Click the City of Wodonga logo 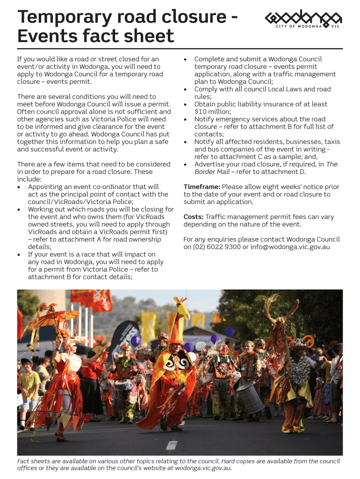303,19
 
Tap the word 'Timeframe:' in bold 202,187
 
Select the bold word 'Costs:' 194,217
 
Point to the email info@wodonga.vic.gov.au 290,247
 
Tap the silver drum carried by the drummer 250,398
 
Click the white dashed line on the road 172,444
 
